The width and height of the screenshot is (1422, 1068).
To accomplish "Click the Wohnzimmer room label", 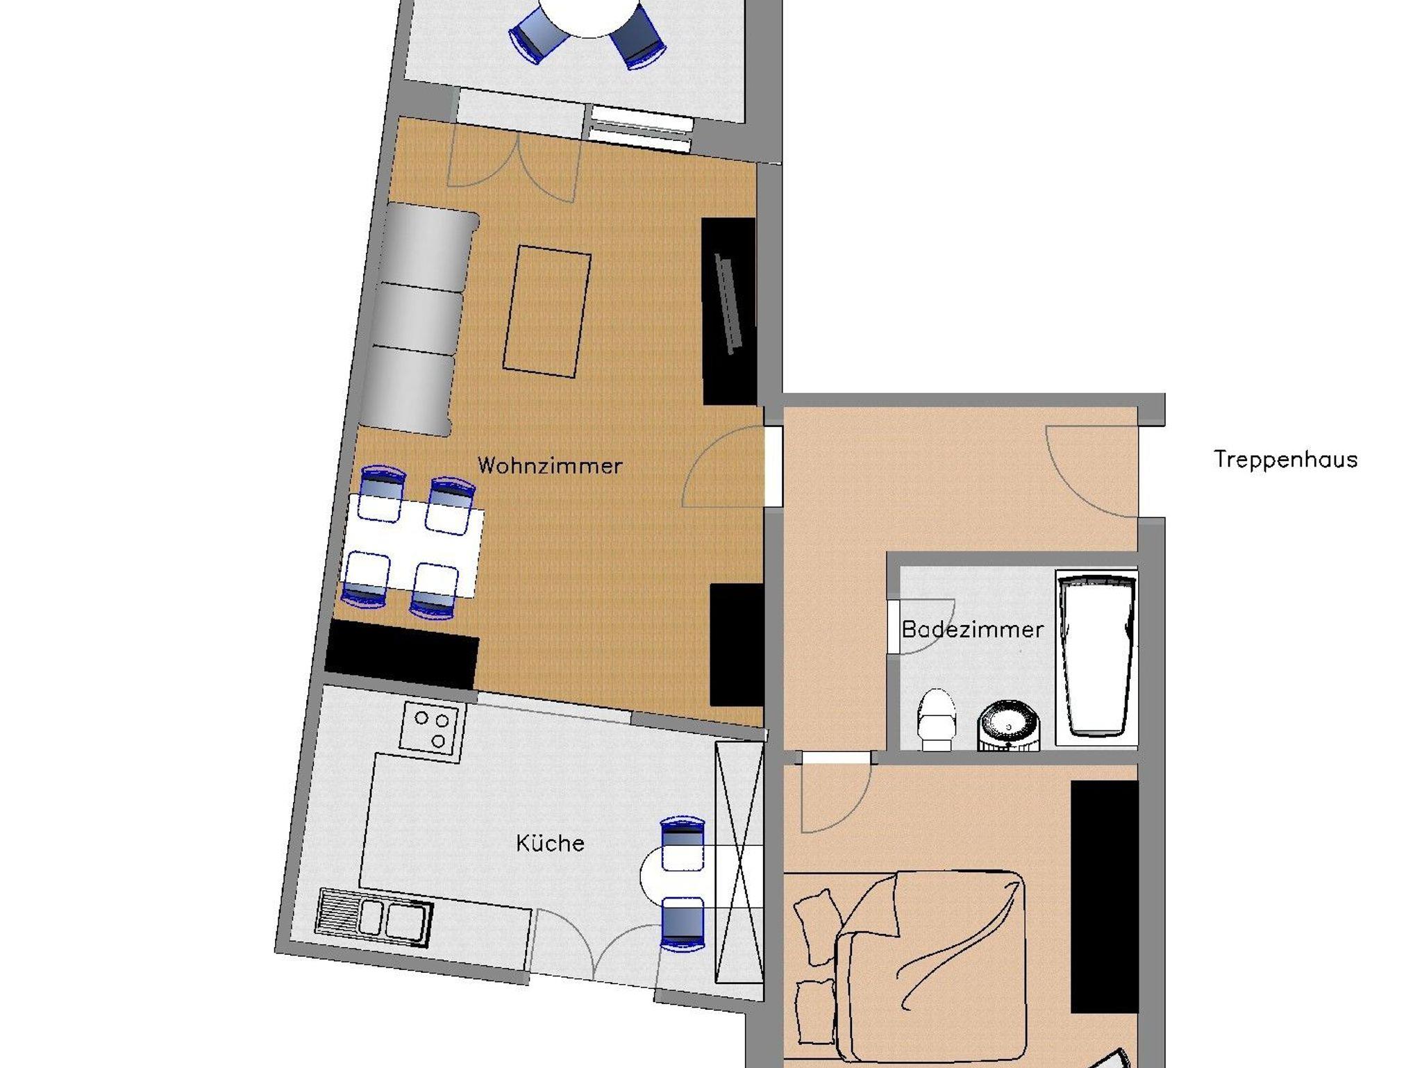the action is coord(549,465).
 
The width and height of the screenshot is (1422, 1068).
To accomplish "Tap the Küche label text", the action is coord(550,843).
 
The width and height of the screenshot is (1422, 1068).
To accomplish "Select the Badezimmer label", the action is coord(972,630).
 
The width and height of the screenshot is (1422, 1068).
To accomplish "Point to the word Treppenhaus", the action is coord(1285,460).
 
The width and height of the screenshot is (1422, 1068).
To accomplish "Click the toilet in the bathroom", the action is coord(937,719).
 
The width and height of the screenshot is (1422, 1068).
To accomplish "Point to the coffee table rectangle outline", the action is coord(547,311).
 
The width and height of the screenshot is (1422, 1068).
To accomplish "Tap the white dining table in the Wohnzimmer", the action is coord(413,545).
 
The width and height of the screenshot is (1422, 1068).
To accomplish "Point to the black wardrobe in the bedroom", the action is coord(1104,896).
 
